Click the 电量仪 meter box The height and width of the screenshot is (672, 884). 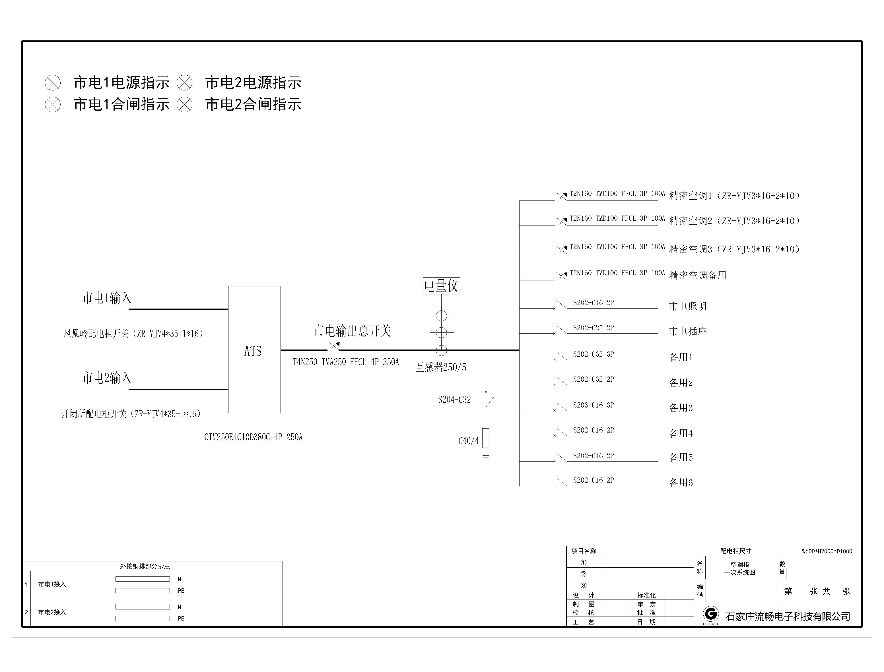point(441,286)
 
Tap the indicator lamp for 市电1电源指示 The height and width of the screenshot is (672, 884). point(53,83)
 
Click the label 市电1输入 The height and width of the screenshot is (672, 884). point(107,297)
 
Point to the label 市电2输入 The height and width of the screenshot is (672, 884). point(107,378)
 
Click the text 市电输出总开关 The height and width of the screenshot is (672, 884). point(352,331)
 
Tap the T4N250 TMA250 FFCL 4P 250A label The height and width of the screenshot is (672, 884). point(346,362)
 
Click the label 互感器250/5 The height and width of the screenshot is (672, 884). point(441,367)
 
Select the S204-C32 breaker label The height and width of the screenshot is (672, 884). point(454,400)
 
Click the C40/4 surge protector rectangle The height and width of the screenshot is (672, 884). point(486,438)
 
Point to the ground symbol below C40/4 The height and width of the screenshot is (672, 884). point(486,457)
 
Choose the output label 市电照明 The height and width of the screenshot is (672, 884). point(688,306)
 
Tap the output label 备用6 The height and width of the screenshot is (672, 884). point(681,483)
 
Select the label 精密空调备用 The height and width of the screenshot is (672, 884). point(698,275)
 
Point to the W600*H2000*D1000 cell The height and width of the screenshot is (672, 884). point(827,551)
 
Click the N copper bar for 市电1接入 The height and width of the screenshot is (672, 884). point(143,579)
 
